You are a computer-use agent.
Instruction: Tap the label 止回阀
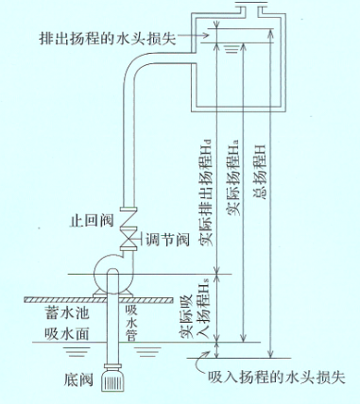[x=92, y=220]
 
